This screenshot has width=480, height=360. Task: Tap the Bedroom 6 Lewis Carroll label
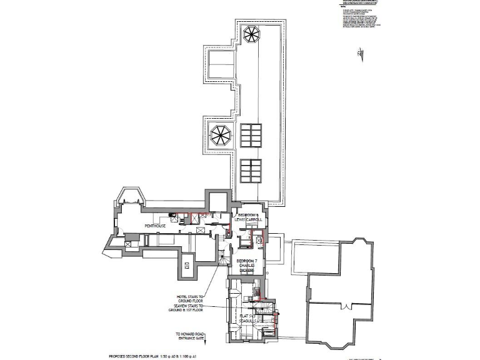pyautogui.click(x=250, y=217)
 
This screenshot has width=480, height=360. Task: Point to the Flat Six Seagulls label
pyautogui.click(x=249, y=319)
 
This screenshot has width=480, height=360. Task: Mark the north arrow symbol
pyautogui.click(x=358, y=55)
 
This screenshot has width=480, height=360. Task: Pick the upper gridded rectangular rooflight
pyautogui.click(x=251, y=134)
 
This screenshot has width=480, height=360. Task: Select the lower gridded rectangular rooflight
pyautogui.click(x=251, y=170)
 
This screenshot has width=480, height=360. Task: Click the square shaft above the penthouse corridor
pyautogui.click(x=218, y=201)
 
